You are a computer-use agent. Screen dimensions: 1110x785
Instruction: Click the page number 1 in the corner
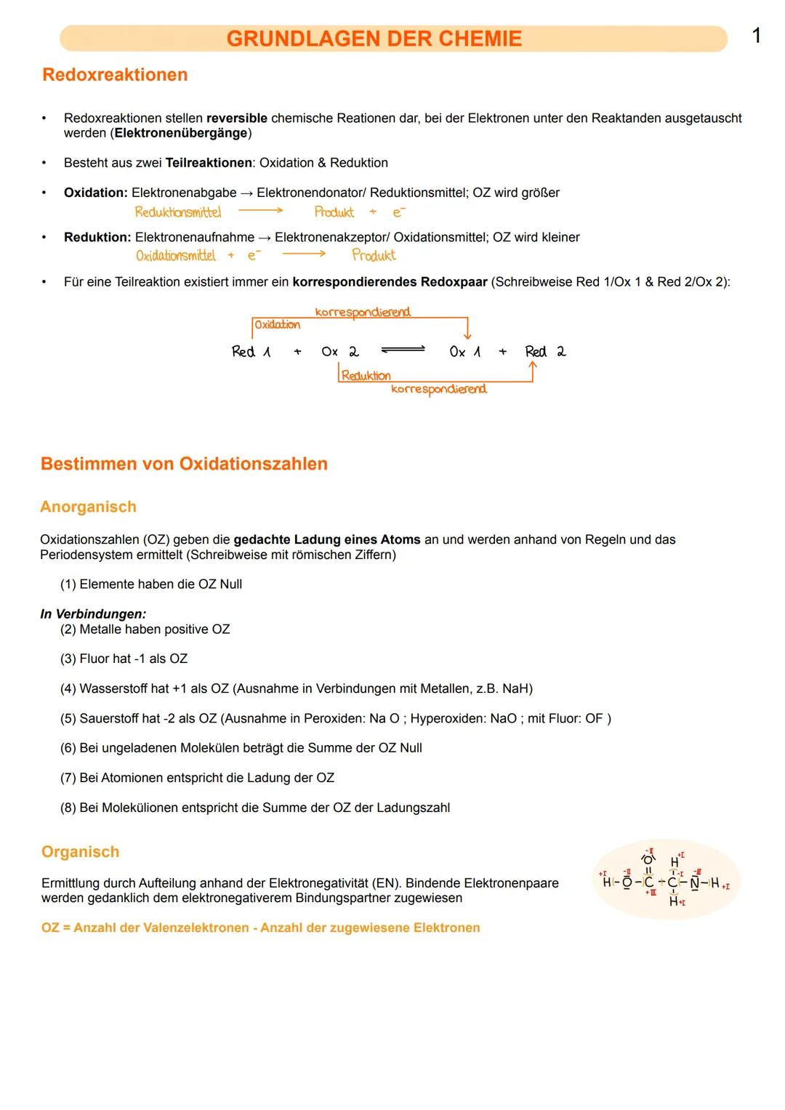(x=757, y=36)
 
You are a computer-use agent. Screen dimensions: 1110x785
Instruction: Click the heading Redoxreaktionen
(x=115, y=75)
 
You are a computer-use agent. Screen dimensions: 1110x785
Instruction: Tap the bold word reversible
(x=237, y=118)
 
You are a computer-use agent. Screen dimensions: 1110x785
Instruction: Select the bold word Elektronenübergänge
(x=181, y=133)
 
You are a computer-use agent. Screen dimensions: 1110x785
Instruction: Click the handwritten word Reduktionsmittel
(x=178, y=212)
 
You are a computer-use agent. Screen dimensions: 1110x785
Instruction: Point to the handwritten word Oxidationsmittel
(x=176, y=256)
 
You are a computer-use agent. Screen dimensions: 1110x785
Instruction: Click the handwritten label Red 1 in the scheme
(x=251, y=352)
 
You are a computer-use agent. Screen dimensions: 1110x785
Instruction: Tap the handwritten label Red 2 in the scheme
(x=545, y=352)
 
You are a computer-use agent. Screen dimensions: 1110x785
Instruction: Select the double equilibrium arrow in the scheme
(x=403, y=350)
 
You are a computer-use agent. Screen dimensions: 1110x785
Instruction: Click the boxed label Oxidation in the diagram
(x=277, y=325)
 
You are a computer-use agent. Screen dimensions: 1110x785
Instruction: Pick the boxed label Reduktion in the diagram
(x=366, y=376)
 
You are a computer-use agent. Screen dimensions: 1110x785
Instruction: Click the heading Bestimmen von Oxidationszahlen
(x=184, y=464)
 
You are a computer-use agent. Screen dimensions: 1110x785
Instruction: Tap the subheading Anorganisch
(x=88, y=507)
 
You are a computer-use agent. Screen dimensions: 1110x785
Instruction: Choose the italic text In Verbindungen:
(x=93, y=614)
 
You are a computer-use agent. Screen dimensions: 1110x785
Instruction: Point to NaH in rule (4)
(x=514, y=688)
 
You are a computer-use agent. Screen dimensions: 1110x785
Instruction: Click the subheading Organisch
(x=80, y=852)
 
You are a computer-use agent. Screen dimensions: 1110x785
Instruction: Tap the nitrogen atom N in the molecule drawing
(x=694, y=883)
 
